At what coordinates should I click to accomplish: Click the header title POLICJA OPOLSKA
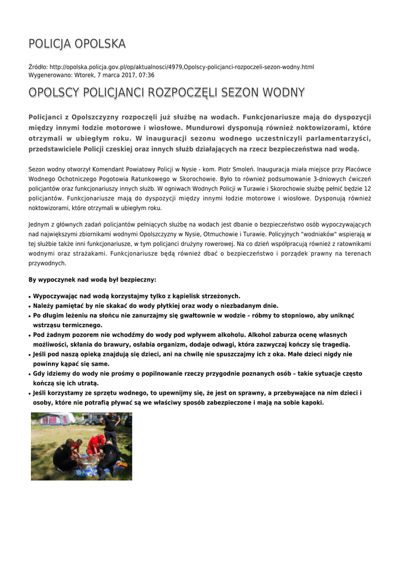pos(77,44)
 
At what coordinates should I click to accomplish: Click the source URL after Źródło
pos(182,67)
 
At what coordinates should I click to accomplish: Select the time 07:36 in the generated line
pos(147,75)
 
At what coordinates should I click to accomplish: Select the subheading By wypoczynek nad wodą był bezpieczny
pos(92,280)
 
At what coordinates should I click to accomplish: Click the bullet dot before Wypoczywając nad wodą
pos(30,296)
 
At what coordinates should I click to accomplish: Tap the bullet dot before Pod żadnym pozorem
pos(30,335)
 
